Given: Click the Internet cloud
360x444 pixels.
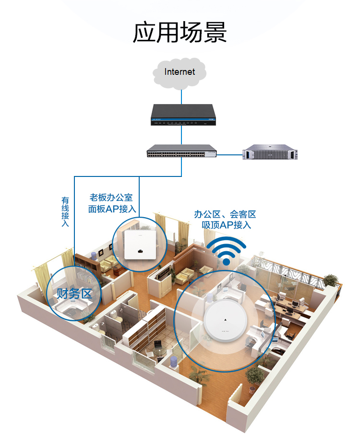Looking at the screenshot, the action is tap(180, 73).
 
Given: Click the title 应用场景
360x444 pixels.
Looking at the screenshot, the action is tap(180, 32).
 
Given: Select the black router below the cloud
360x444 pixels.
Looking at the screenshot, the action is tap(183, 115).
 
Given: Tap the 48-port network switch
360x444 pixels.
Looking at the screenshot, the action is tap(182, 151).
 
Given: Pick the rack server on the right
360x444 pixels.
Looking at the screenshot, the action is tap(270, 152).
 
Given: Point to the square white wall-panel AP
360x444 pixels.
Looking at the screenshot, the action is tap(140, 245).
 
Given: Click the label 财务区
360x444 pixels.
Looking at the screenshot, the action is tap(74, 294).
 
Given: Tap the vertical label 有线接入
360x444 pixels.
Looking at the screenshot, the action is tap(65, 212).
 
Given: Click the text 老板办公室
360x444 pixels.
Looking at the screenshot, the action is tap(111, 198).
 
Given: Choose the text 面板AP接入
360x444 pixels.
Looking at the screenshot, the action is tap(112, 209).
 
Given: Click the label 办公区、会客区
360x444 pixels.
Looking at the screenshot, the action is tap(225, 214).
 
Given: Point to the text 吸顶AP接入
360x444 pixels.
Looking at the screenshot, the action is tap(227, 225).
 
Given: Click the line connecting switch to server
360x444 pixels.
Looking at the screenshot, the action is tap(229, 155).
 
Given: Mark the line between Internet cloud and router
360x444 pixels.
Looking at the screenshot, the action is tap(181, 97).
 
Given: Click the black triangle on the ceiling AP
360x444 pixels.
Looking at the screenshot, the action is tap(225, 320).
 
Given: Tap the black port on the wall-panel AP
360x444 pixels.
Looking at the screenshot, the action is tap(140, 251).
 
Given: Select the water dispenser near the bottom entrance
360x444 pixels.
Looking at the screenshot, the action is tap(173, 362).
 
